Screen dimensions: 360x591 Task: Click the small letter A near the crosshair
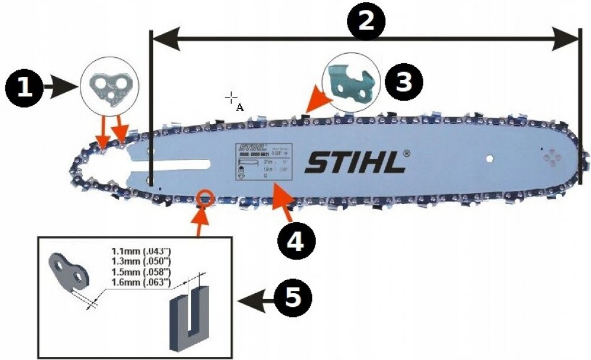[239, 107]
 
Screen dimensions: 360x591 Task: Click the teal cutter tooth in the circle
[350, 83]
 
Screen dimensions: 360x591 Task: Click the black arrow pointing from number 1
[61, 88]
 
